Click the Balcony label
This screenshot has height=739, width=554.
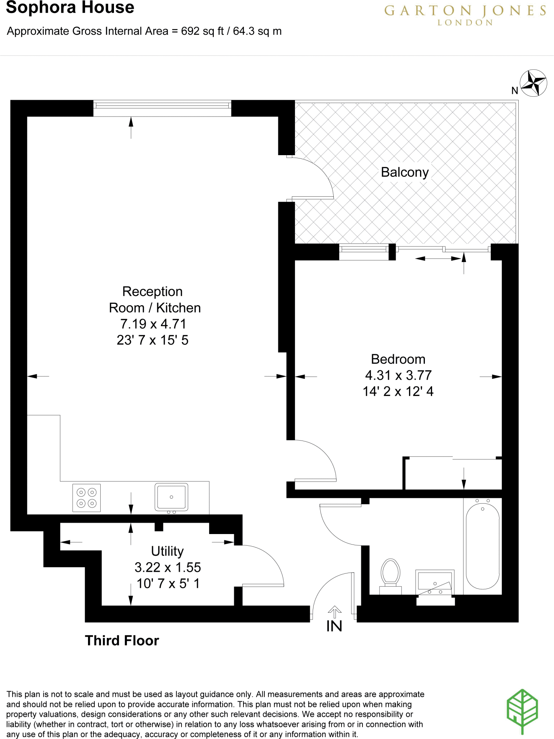click(x=405, y=172)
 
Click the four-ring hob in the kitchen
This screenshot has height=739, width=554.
click(x=87, y=498)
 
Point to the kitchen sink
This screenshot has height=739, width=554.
click(x=171, y=497)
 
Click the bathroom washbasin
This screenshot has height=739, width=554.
click(x=435, y=582)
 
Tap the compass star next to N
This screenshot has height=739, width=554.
click(x=533, y=83)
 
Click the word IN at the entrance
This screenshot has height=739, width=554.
click(x=334, y=626)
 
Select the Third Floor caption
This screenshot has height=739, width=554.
click(x=122, y=641)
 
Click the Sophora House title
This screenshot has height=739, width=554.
click(x=70, y=8)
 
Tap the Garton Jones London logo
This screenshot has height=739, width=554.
click(x=465, y=14)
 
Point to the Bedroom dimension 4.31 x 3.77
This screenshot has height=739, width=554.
click(x=398, y=375)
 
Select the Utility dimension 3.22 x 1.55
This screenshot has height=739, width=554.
click(x=168, y=567)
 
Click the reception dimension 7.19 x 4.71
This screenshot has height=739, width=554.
click(x=153, y=324)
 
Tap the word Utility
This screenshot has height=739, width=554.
click(x=167, y=551)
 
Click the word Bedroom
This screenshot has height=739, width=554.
click(x=398, y=359)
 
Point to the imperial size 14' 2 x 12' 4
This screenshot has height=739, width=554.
click(x=398, y=392)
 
